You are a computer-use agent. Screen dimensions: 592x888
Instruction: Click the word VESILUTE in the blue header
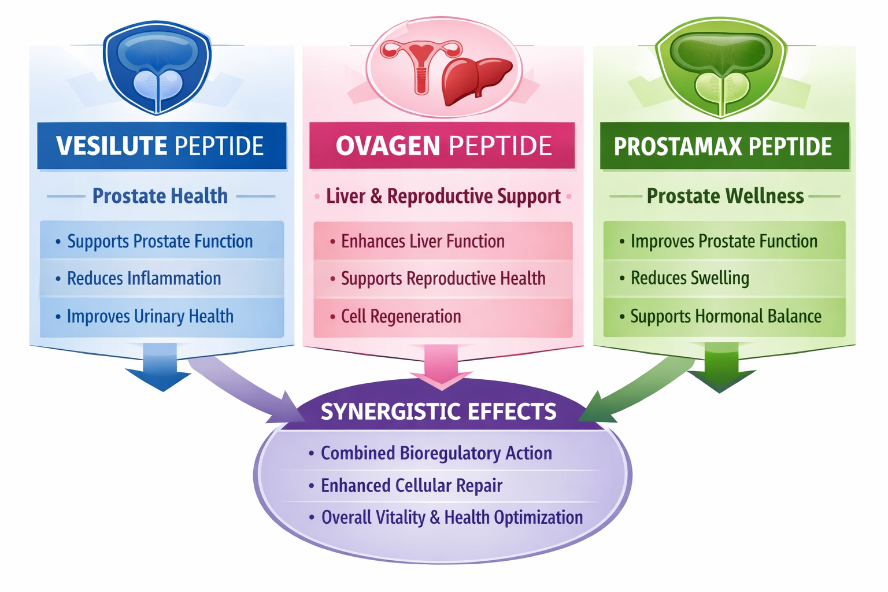point(112,146)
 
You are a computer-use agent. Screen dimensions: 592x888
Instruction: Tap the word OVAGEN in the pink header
point(388,146)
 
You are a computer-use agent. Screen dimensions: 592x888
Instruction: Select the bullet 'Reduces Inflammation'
point(144,279)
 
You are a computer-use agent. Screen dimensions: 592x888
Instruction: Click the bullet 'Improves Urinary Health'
point(150,316)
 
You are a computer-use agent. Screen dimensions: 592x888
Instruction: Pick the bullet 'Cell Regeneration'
point(401,316)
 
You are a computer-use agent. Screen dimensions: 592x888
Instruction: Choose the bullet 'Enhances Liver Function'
point(423,241)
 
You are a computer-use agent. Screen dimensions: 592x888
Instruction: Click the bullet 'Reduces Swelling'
point(689,278)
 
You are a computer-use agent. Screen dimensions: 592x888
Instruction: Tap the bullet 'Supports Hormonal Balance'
point(726,316)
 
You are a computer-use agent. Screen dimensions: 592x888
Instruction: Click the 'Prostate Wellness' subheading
point(725,196)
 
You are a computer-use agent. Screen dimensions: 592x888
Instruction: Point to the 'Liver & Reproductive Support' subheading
point(443,196)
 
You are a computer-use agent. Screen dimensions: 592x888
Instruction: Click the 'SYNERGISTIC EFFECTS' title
point(438,412)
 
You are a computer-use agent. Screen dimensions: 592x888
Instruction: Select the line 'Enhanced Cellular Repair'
point(411,486)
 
